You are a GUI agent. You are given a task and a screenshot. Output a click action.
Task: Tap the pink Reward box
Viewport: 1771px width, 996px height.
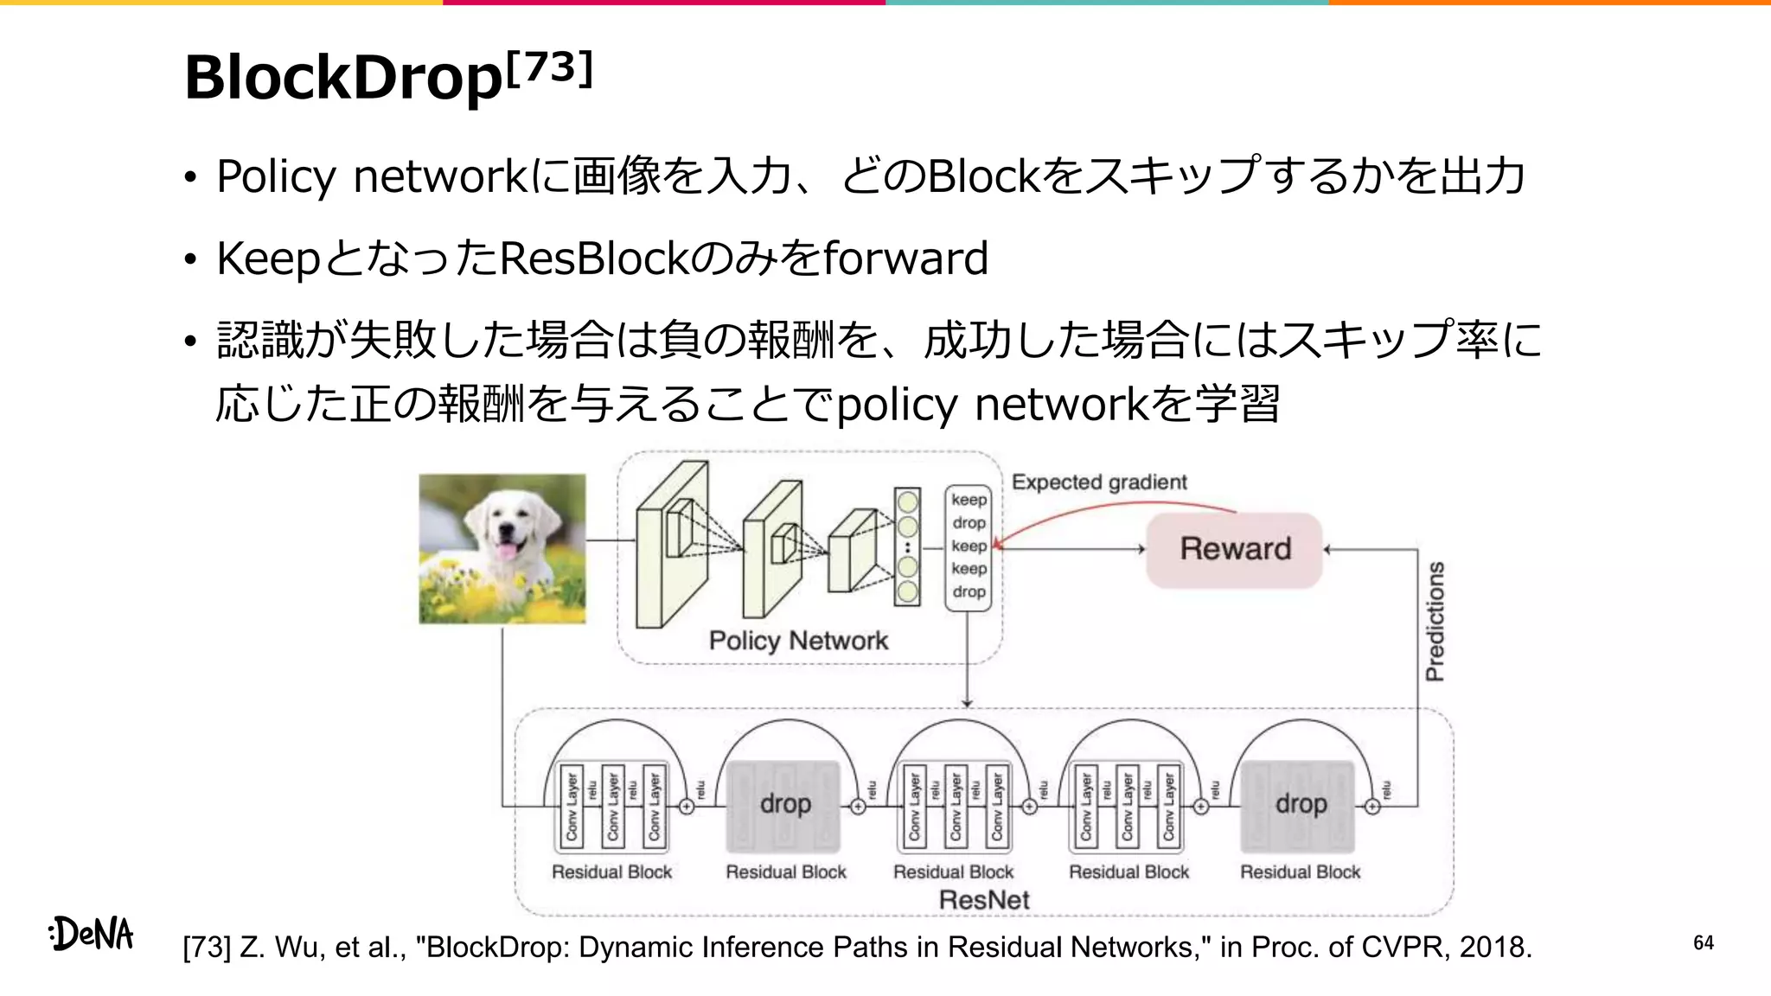coord(1235,550)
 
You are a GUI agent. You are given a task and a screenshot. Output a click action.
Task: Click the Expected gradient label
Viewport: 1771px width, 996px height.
coord(1099,482)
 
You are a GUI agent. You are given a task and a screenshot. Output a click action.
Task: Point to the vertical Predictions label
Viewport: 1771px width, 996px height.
coord(1435,621)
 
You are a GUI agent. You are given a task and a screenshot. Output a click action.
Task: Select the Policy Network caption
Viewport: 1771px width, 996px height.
coord(798,641)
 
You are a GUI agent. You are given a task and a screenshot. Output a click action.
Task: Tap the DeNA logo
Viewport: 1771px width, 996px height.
coord(92,934)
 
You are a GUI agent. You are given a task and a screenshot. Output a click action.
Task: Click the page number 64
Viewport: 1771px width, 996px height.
coord(1703,942)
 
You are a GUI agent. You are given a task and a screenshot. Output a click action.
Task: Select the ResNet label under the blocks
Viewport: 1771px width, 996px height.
coord(984,900)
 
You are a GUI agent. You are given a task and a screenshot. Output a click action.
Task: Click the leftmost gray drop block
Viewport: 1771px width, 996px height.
coord(784,805)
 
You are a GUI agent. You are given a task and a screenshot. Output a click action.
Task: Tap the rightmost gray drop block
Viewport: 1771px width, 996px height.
coord(1300,805)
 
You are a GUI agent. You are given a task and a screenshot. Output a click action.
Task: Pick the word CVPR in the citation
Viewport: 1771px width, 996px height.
coord(1405,948)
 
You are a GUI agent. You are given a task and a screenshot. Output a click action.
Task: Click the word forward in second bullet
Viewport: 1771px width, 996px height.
coord(905,259)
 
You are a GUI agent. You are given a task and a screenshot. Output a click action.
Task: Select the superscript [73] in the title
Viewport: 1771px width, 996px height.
coord(550,67)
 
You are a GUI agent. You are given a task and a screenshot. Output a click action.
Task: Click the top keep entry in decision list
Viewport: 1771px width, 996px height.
coord(969,500)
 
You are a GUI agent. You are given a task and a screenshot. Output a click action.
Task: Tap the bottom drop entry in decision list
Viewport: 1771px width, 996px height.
coord(969,592)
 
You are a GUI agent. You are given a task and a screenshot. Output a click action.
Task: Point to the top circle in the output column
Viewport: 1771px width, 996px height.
coord(907,501)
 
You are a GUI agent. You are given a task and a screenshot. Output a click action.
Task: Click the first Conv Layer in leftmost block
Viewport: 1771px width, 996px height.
coord(572,807)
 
